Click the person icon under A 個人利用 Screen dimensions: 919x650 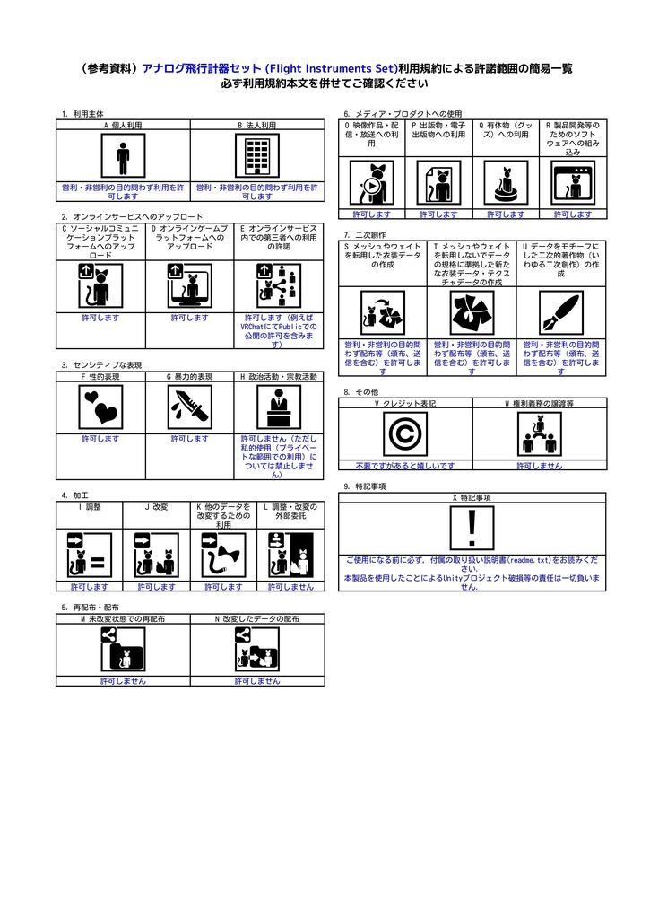pos(123,158)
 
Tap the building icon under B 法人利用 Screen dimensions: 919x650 pos(257,158)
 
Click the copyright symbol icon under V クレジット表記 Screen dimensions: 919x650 pos(404,434)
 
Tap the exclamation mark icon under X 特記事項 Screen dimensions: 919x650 pos(472,528)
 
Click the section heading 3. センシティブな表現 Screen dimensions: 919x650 pos(101,365)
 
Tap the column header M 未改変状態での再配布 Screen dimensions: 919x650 pos(123,619)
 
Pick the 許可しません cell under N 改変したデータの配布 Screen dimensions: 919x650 pos(257,681)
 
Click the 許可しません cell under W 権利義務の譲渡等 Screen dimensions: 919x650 pos(539,466)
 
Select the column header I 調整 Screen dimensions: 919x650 pos(89,507)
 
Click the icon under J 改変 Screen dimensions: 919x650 pos(156,555)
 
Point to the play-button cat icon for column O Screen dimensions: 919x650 pos(371,183)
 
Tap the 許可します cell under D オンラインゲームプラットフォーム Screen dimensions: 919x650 pos(189,318)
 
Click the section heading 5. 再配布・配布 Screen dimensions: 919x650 pos(90,608)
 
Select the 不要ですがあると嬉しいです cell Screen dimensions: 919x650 pos(404,466)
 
